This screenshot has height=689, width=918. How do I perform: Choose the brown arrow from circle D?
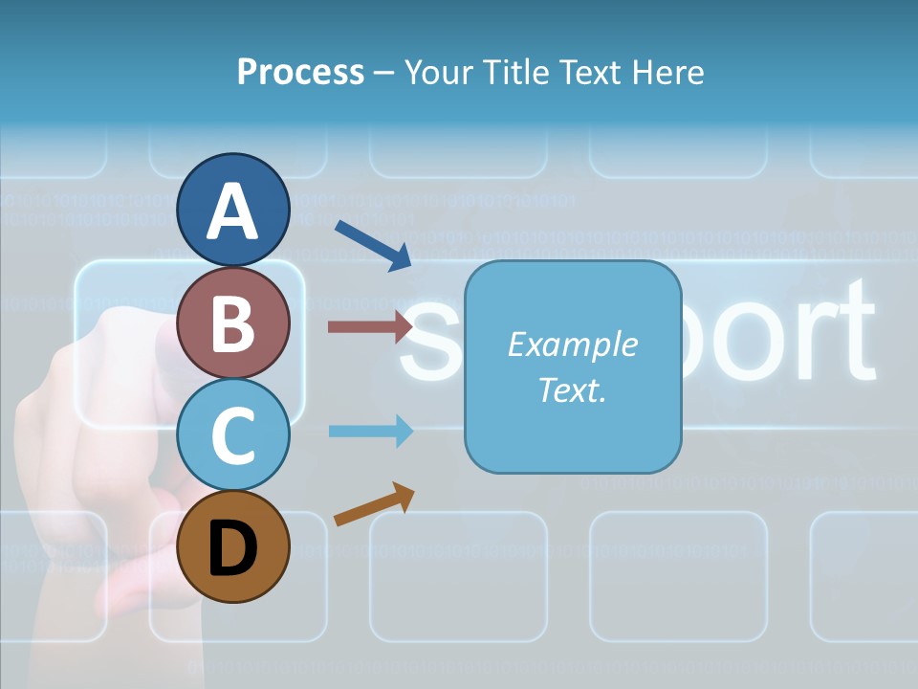click(x=374, y=504)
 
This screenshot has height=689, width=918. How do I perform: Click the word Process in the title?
click(x=300, y=72)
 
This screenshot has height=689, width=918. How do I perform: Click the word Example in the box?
click(x=572, y=344)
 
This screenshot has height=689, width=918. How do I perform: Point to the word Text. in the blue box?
click(x=572, y=389)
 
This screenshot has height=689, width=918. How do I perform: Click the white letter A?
click(x=233, y=211)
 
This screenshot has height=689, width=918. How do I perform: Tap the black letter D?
click(x=233, y=548)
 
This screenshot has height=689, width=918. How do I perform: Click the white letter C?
click(x=233, y=435)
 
